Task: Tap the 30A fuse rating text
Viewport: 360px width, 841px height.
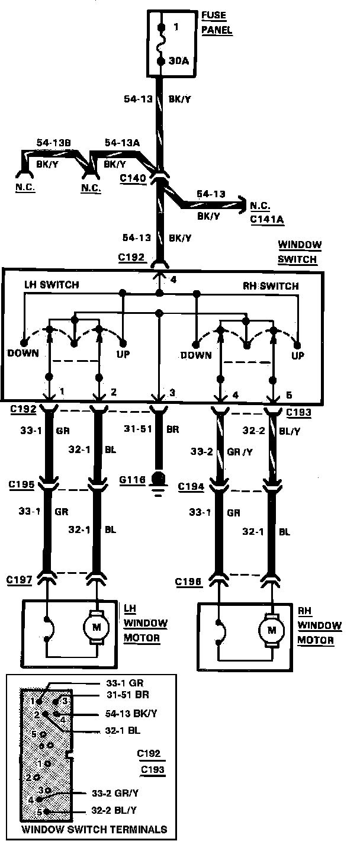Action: coord(179,60)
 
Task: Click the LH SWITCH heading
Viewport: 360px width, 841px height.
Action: coord(52,285)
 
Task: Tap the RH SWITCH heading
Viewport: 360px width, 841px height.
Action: coord(271,286)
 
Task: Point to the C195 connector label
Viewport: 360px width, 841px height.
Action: coord(21,485)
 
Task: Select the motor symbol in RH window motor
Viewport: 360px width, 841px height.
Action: coord(272,630)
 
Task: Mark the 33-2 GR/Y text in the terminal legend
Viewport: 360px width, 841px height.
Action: coord(118,792)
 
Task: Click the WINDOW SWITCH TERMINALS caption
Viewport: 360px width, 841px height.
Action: coord(94,830)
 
